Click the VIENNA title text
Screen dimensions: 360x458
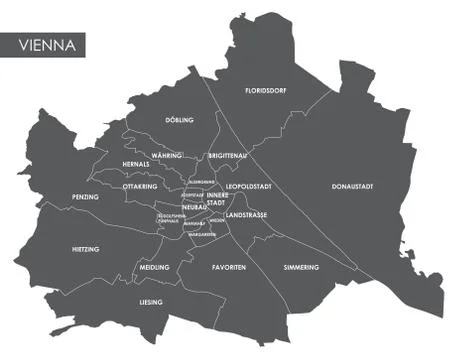(x=44, y=45)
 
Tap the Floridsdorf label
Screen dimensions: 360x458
(x=267, y=91)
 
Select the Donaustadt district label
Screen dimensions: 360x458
(x=353, y=187)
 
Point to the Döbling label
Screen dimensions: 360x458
(x=179, y=120)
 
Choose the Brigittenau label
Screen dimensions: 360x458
(x=229, y=157)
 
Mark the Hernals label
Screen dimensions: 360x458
(x=135, y=164)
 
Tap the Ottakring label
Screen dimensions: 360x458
(x=140, y=187)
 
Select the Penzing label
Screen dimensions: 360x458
(x=85, y=197)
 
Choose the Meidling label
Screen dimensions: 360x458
(x=155, y=268)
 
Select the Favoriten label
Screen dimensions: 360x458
(x=229, y=268)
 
